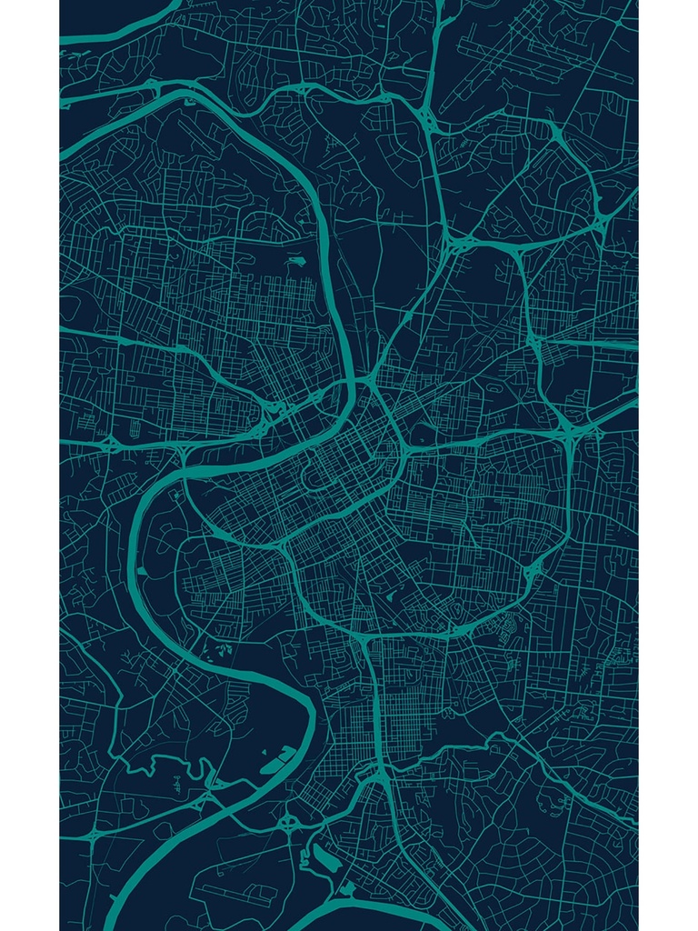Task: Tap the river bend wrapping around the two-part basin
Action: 310,718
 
